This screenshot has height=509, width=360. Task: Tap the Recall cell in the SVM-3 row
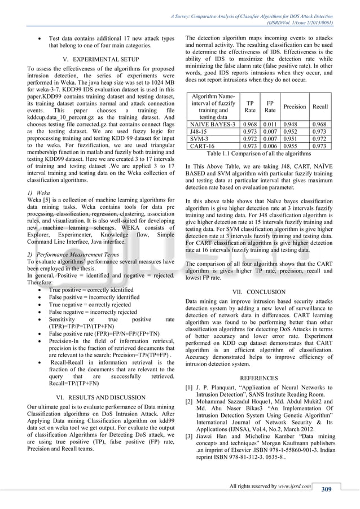[x=320, y=138]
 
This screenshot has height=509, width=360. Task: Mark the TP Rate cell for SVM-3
[x=249, y=138]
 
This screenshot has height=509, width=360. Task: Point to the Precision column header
[x=295, y=106]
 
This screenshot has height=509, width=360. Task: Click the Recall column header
[x=320, y=106]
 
